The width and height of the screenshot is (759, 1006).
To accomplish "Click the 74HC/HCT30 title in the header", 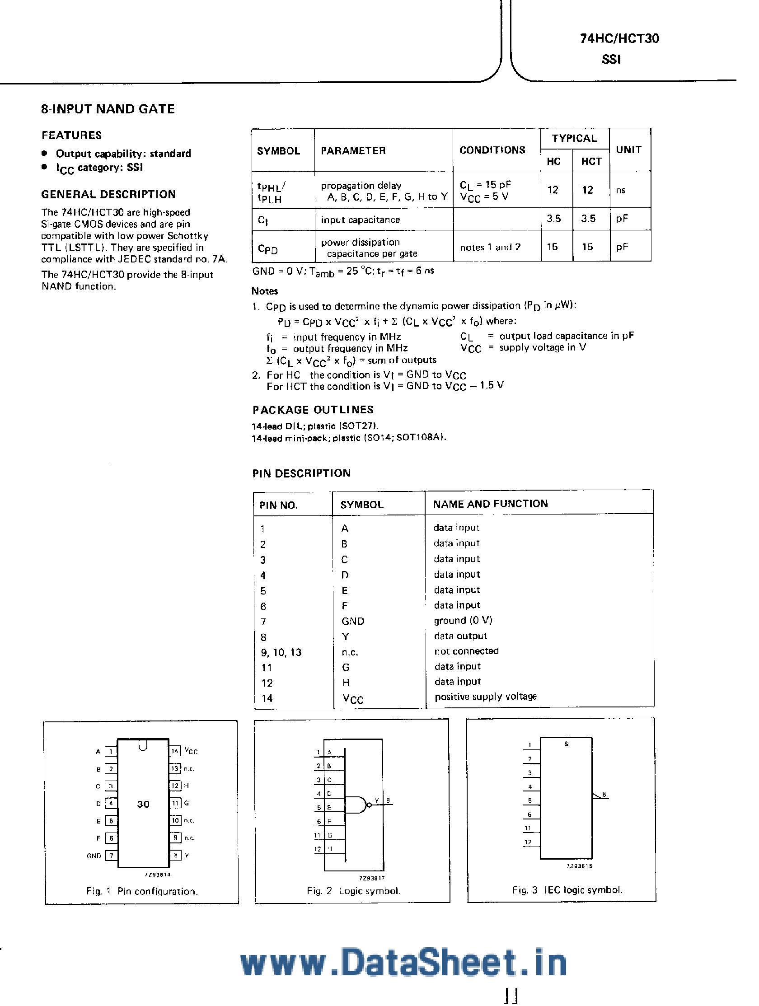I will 619,39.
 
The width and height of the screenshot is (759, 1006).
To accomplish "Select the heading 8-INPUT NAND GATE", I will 108,109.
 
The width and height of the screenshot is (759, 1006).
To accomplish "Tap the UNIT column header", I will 628,150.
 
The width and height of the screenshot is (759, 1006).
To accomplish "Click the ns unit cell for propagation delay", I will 621,191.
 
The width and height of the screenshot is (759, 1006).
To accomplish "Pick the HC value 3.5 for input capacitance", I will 553,219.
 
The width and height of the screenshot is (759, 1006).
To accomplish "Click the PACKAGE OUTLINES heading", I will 313,410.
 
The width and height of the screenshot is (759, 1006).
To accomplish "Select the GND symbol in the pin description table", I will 353,621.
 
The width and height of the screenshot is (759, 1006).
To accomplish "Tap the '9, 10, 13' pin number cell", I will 281,652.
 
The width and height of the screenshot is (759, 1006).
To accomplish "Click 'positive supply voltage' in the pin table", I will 485,697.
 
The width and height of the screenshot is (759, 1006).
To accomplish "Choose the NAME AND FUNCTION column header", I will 490,504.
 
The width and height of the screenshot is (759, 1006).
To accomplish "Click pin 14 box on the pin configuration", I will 175,751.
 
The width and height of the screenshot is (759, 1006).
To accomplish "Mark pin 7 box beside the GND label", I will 111,856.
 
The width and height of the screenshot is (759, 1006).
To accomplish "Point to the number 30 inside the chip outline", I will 143,804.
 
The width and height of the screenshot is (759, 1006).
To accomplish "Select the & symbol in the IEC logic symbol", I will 566,744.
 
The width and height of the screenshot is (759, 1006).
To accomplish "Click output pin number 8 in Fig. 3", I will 604,795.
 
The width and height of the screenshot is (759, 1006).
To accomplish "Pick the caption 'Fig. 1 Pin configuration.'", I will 142,891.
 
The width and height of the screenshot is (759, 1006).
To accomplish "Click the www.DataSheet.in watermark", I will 403,962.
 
